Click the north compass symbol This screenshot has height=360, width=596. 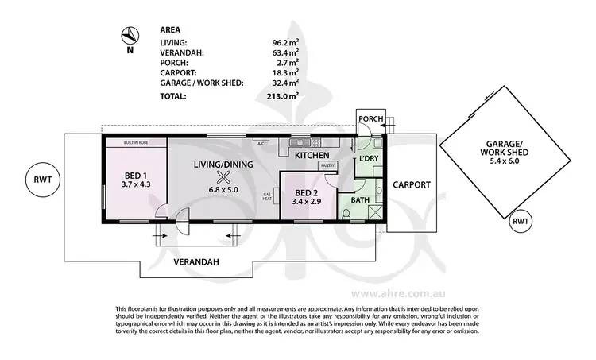click(129, 35)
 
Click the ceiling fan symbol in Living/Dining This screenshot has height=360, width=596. click(225, 177)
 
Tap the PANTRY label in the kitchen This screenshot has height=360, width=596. click(327, 166)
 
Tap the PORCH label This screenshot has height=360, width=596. click(371, 119)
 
